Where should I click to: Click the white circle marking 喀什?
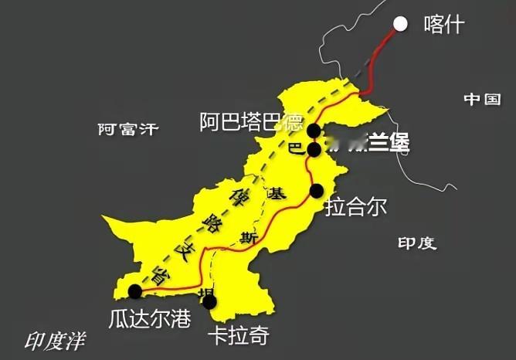click(x=400, y=23)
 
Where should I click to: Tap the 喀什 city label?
click(x=444, y=25)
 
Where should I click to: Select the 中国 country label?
click(x=483, y=100)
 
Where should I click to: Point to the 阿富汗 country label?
click(x=127, y=129)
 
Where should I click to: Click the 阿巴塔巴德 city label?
click(x=250, y=121)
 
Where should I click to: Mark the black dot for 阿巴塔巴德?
click(x=314, y=131)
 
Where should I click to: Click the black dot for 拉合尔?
click(x=317, y=190)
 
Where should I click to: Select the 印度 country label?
click(x=417, y=243)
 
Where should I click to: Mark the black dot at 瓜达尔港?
click(x=136, y=291)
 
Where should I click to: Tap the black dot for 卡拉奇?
click(x=209, y=302)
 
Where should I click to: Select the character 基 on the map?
click(x=274, y=195)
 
